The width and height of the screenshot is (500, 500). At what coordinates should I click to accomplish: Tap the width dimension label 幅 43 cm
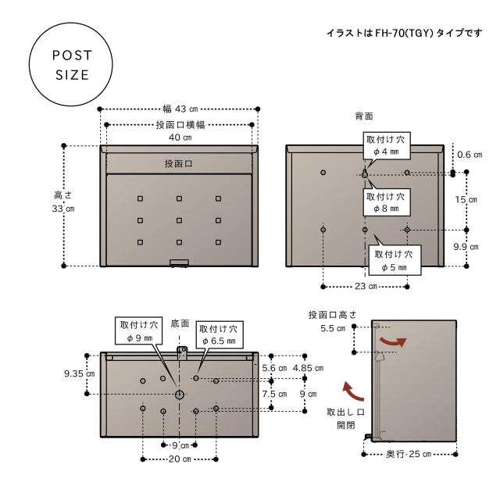tap(179, 108)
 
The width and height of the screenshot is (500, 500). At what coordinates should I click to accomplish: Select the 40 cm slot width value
tap(180, 137)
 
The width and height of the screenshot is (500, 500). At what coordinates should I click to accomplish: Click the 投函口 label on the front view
tap(179, 164)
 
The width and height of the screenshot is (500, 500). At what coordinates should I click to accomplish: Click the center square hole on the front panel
tap(179, 220)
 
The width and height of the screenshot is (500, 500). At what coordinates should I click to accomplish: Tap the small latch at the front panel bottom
tap(179, 263)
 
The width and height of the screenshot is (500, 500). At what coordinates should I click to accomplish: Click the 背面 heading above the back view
tap(363, 116)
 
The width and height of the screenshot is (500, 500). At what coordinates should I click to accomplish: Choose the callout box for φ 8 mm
tap(386, 203)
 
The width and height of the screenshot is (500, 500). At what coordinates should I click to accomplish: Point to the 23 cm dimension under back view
tap(365, 287)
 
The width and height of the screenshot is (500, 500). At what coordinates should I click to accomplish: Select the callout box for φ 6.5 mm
tap(221, 335)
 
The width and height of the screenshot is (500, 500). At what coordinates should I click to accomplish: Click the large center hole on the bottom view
tap(180, 395)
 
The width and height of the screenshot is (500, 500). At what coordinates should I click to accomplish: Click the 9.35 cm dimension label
tap(79, 374)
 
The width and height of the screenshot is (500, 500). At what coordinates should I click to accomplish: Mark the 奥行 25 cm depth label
tap(409, 454)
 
